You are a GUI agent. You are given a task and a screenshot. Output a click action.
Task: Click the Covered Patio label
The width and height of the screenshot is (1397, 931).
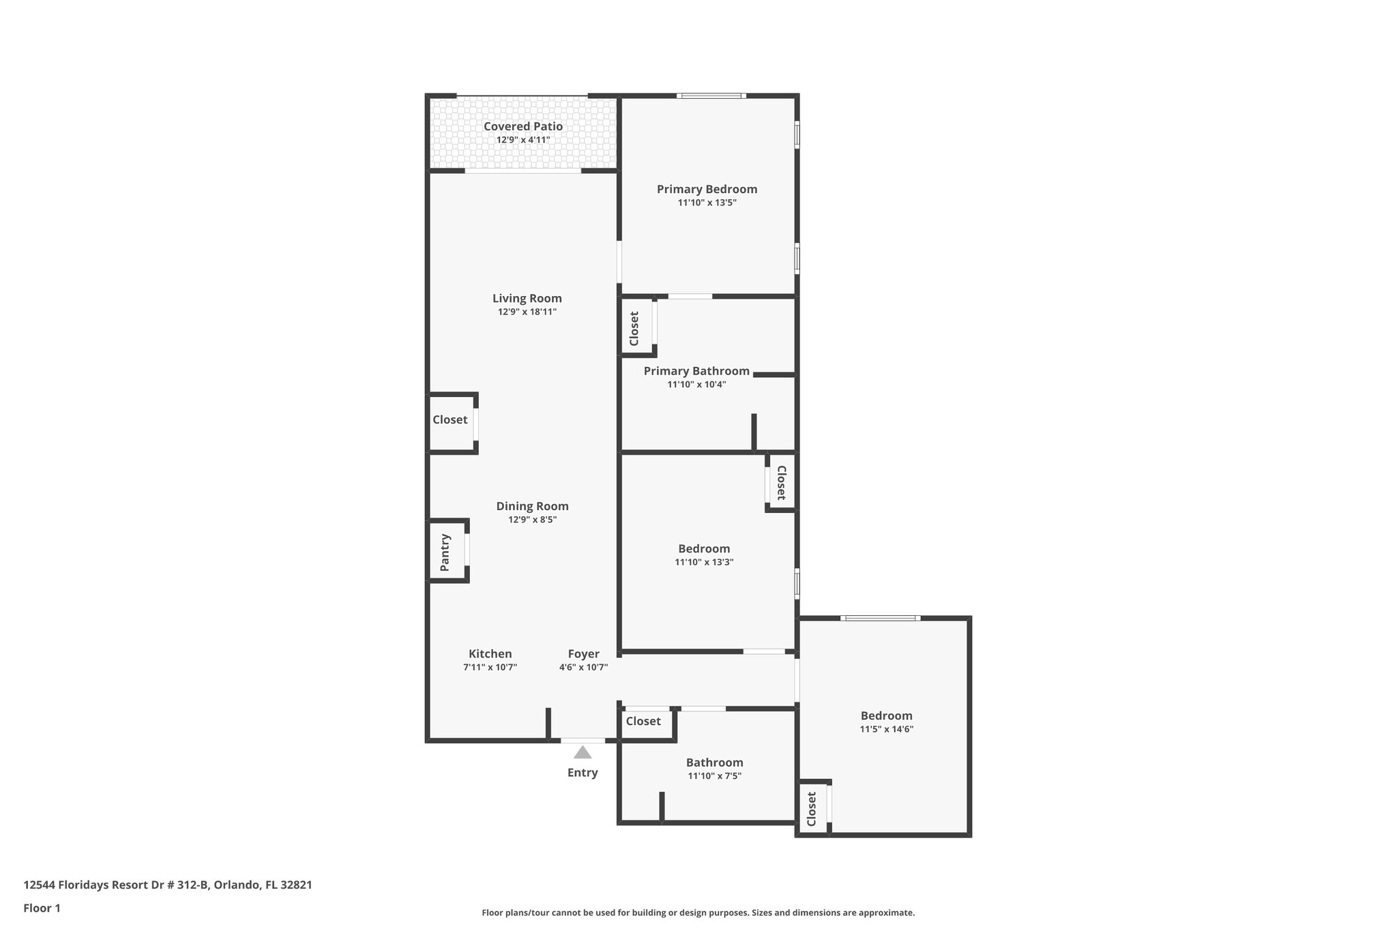pos(523,126)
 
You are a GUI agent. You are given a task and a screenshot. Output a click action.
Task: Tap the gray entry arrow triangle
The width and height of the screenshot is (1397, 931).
pos(582,752)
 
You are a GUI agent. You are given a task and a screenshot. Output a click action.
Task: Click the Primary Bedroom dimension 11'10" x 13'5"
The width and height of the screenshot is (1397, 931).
pos(707,203)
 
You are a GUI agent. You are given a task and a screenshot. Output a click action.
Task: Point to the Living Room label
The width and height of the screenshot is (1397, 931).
pos(527,298)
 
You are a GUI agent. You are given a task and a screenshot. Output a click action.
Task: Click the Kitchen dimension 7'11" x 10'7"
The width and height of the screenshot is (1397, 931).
pos(490,667)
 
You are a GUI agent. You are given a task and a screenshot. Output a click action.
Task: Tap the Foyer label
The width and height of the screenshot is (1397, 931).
pos(583,653)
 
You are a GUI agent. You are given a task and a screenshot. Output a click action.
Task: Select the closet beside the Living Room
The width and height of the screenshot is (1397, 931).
pos(450,420)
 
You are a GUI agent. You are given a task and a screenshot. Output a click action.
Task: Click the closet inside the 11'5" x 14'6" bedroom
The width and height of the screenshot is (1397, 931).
pos(812,808)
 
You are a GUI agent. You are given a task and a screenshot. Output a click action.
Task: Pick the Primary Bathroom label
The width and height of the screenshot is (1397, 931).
pos(696,371)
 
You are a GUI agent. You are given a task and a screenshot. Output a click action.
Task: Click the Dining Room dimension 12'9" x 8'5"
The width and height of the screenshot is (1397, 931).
pos(532,519)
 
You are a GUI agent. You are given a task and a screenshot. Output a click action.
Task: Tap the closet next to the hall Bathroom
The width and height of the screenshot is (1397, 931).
pos(643,722)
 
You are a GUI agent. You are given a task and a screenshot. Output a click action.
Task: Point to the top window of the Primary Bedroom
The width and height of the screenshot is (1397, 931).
pos(710,95)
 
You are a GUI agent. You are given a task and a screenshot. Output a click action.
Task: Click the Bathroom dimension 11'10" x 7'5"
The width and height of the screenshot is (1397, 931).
pos(714,775)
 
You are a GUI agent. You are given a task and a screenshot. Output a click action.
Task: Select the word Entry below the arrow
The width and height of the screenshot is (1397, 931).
pos(582,773)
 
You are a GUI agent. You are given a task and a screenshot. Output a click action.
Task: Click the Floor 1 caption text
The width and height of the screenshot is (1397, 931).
pos(42,908)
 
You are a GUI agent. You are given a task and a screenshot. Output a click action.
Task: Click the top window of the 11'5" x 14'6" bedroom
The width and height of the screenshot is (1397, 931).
pos(880,618)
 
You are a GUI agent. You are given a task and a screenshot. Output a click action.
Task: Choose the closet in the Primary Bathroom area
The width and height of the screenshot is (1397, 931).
pos(634,328)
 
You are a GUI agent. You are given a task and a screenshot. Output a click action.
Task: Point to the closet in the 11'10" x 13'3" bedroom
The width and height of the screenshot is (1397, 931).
pos(781,482)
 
